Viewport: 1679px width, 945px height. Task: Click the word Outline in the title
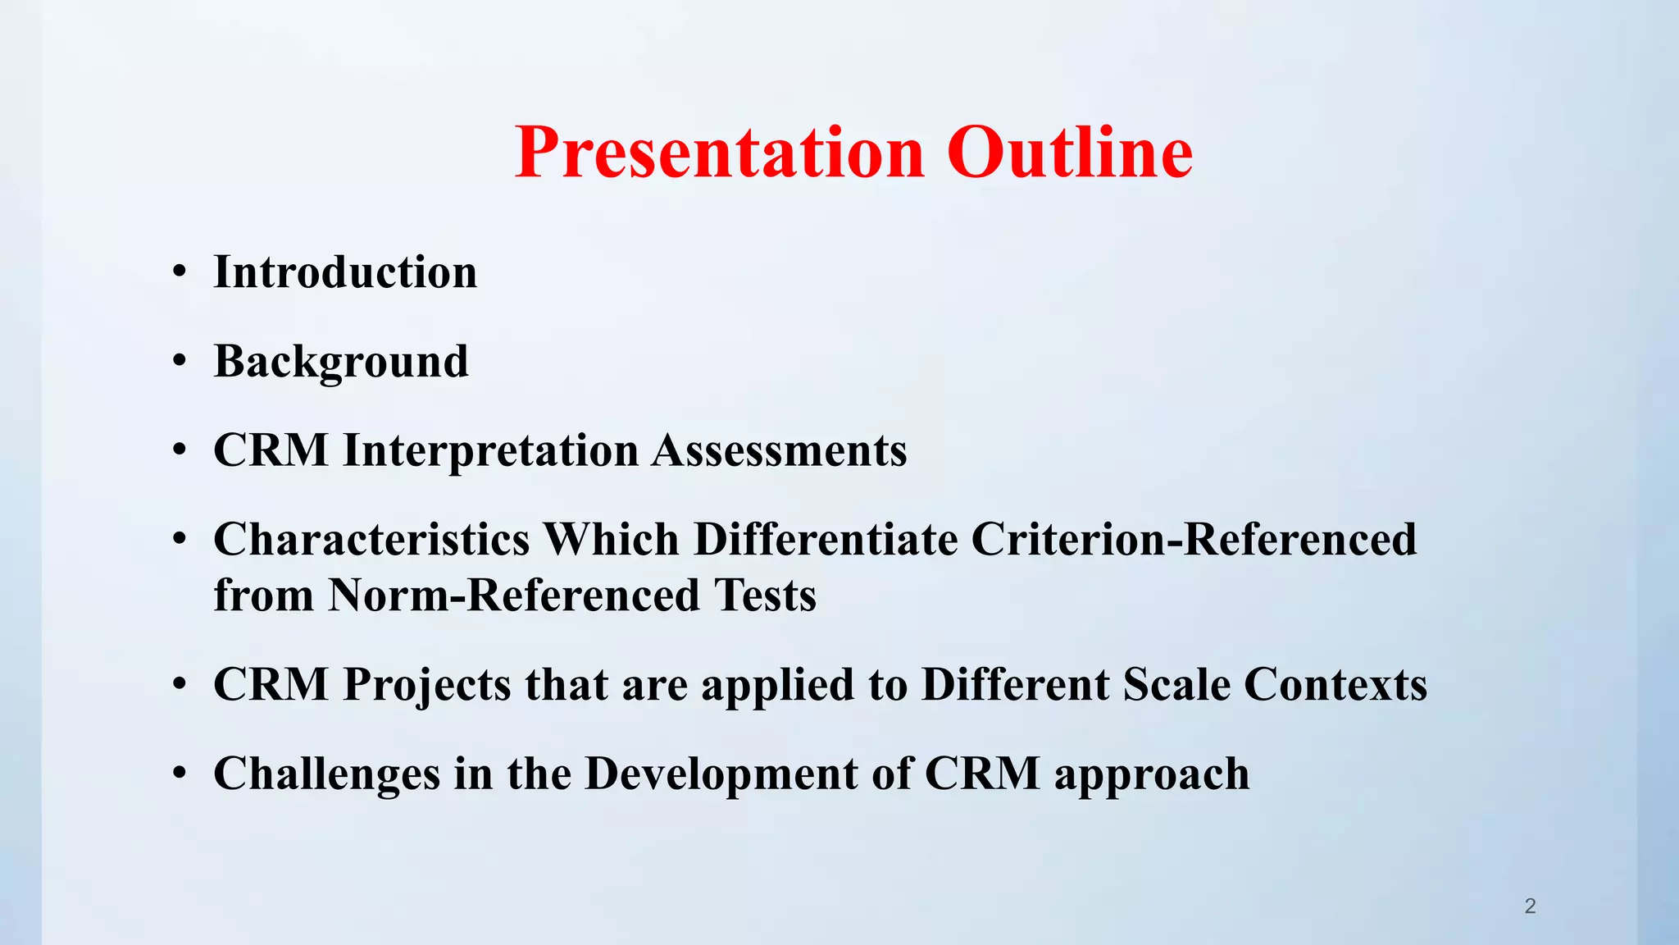click(x=1070, y=153)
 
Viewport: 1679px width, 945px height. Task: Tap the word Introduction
click(x=345, y=272)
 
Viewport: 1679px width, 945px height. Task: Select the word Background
click(x=341, y=362)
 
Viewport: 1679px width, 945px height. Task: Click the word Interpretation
click(x=490, y=451)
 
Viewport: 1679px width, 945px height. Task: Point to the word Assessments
click(x=779, y=451)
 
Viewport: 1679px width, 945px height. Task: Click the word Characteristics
click(x=371, y=541)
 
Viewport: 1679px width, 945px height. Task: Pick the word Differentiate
click(x=826, y=541)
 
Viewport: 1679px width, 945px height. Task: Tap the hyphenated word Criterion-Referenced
click(x=1194, y=541)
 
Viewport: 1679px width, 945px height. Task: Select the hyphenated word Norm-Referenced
click(x=514, y=596)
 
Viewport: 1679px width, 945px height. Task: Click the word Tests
click(x=765, y=596)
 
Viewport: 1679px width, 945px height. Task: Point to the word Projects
click(x=427, y=685)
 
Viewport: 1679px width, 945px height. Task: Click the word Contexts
click(x=1335, y=685)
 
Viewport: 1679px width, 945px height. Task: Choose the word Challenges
click(x=326, y=774)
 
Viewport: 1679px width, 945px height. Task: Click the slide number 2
click(x=1530, y=906)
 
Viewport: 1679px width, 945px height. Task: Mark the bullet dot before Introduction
click(x=180, y=274)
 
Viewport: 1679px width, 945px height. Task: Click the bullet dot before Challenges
click(x=180, y=775)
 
